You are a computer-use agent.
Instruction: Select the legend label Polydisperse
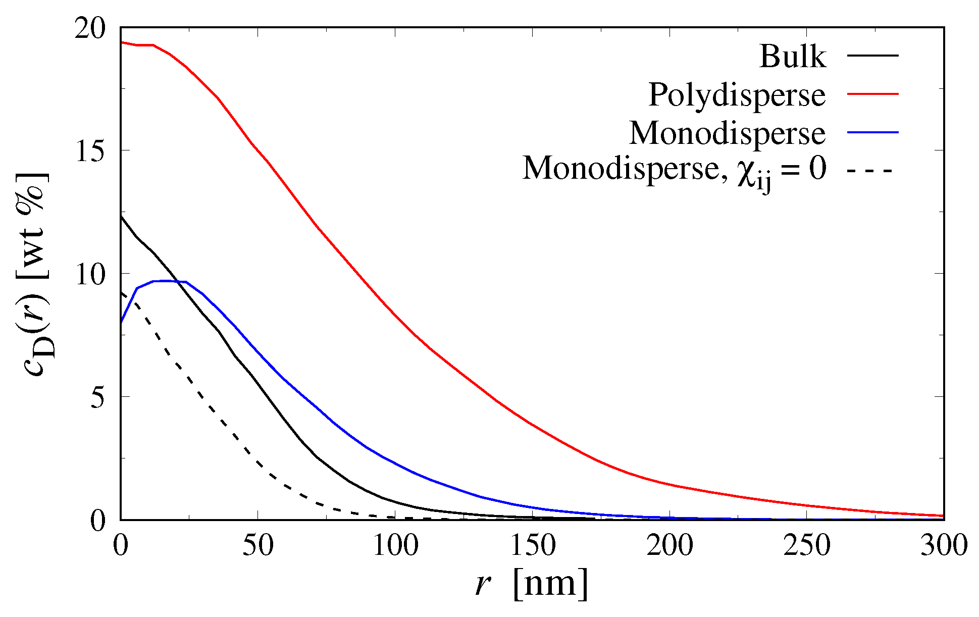point(737,94)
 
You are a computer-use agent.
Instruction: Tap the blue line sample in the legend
point(872,132)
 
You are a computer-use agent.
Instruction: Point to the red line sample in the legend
point(872,93)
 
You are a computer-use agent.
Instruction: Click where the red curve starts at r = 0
point(121,42)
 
